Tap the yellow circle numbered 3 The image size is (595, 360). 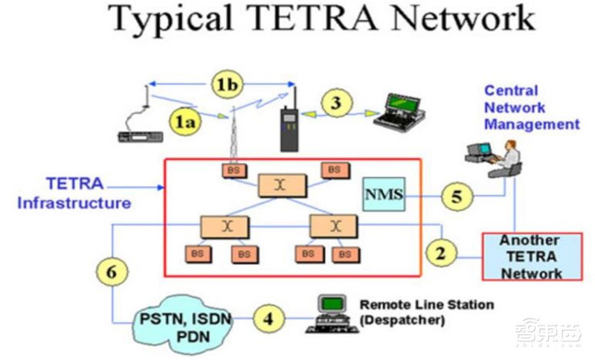point(336,103)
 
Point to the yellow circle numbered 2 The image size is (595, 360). point(441,252)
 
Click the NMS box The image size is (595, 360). point(384,195)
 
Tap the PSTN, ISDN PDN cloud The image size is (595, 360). point(185,327)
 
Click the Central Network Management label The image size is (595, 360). point(531,108)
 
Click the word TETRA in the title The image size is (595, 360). point(286,18)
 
